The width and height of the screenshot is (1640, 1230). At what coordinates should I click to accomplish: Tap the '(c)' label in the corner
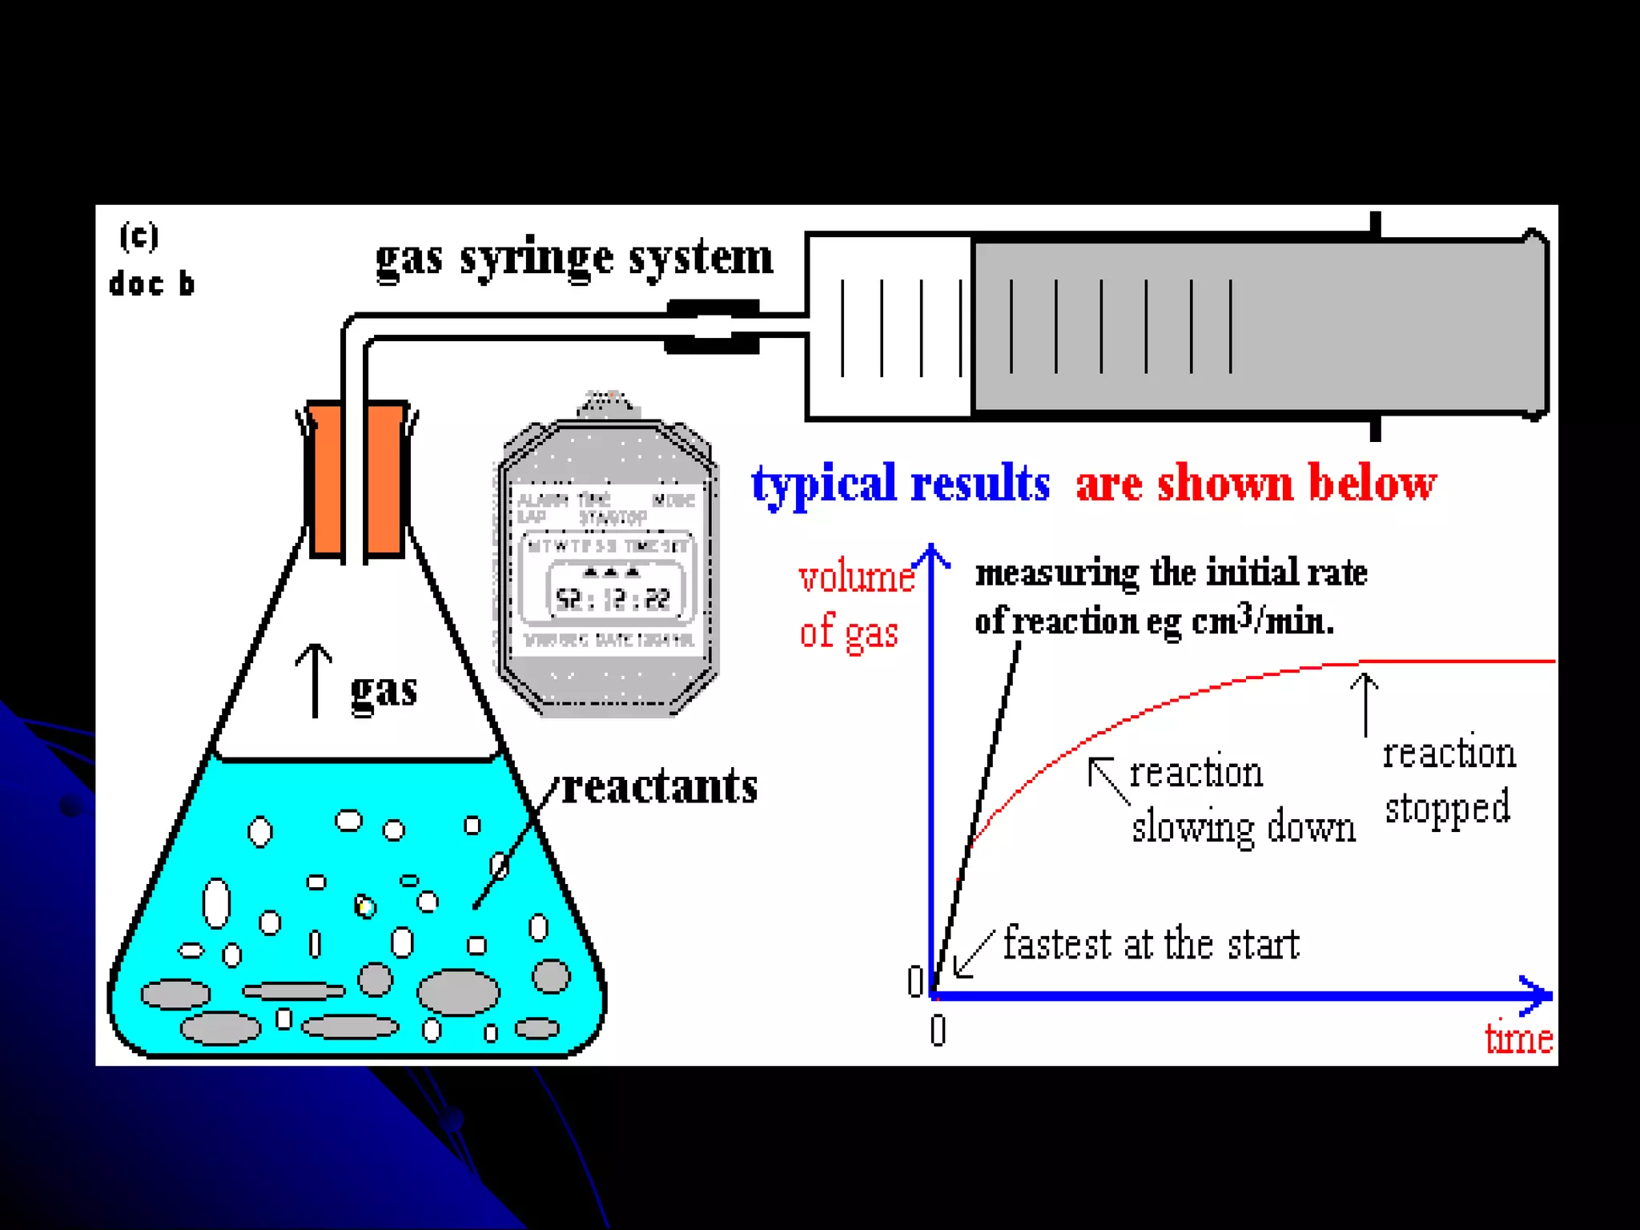139,236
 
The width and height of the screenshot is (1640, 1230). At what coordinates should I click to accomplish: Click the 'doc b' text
151,284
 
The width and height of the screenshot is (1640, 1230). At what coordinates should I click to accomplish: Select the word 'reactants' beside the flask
660,786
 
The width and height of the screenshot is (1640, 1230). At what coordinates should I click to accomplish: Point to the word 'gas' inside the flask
384,689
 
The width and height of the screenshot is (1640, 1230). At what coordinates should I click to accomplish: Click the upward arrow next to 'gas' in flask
314,680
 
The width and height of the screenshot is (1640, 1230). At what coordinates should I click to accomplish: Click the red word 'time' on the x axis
1518,1039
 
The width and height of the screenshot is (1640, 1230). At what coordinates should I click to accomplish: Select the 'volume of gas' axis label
855,605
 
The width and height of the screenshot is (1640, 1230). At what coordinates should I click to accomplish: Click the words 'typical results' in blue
900,484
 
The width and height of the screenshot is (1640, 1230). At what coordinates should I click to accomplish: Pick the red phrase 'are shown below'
1256,484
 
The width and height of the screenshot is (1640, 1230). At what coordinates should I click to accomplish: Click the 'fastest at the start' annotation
1151,943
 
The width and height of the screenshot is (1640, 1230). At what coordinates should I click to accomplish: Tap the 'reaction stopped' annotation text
1449,780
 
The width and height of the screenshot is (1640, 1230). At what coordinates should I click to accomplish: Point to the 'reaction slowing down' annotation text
1241,799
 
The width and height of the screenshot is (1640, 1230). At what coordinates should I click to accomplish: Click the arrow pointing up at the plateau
1365,704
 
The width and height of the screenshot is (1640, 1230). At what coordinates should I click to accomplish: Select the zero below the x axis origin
939,1031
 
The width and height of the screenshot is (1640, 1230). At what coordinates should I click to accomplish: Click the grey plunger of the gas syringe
1257,327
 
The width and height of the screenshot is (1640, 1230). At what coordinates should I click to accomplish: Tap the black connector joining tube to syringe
712,327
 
